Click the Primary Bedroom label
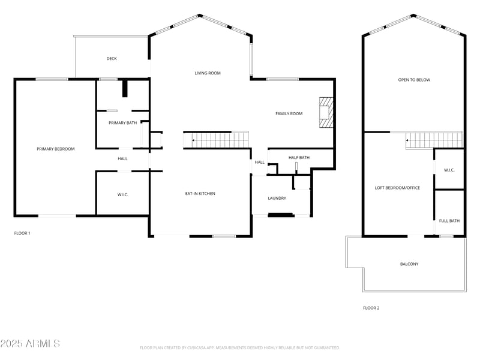pyautogui.click(x=55, y=149)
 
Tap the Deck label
pyautogui.click(x=112, y=59)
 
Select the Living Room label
pyautogui.click(x=208, y=73)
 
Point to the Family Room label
pyautogui.click(x=289, y=113)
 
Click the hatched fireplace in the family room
pyautogui.click(x=325, y=113)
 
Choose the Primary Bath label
pyautogui.click(x=122, y=123)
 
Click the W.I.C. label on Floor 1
pyautogui.click(x=122, y=194)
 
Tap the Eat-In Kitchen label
pyautogui.click(x=200, y=193)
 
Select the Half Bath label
pyautogui.click(x=299, y=158)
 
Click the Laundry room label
pyautogui.click(x=277, y=198)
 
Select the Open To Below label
pyautogui.click(x=414, y=80)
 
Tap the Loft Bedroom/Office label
pyautogui.click(x=397, y=188)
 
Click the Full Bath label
pyautogui.click(x=449, y=221)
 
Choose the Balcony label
pyautogui.click(x=409, y=264)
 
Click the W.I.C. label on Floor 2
pyautogui.click(x=449, y=170)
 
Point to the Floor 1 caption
pyautogui.click(x=22, y=233)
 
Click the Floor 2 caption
pyautogui.click(x=371, y=308)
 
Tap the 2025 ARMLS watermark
pyautogui.click(x=30, y=344)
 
